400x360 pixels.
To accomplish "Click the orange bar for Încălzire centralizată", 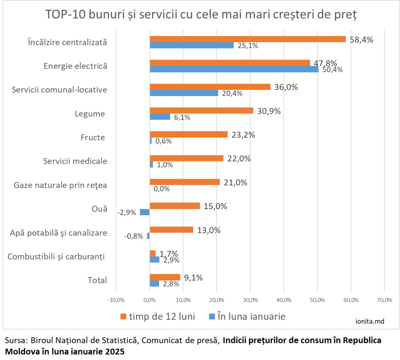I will click(x=248, y=39).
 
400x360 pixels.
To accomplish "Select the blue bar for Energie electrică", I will click(x=234, y=70).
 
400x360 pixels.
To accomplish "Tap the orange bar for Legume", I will click(x=201, y=111).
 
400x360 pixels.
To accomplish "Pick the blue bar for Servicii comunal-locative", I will click(x=184, y=93).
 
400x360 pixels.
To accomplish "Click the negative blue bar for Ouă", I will click(x=145, y=212).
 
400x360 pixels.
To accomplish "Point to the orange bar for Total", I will click(x=165, y=277).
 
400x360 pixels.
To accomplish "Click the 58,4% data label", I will click(x=361, y=39).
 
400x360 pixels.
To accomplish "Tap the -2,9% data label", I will click(x=127, y=213).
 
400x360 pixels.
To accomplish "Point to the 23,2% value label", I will click(x=243, y=135).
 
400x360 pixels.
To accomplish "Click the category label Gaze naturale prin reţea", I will click(x=60, y=184).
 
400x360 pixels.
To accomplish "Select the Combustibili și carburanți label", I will click(x=57, y=257).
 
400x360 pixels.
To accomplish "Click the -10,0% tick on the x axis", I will click(x=116, y=300).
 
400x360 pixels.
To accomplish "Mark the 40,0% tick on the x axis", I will click(x=284, y=300).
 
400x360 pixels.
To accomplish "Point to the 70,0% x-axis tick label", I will click(x=384, y=300).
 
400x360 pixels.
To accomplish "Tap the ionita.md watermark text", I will click(x=370, y=321).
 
